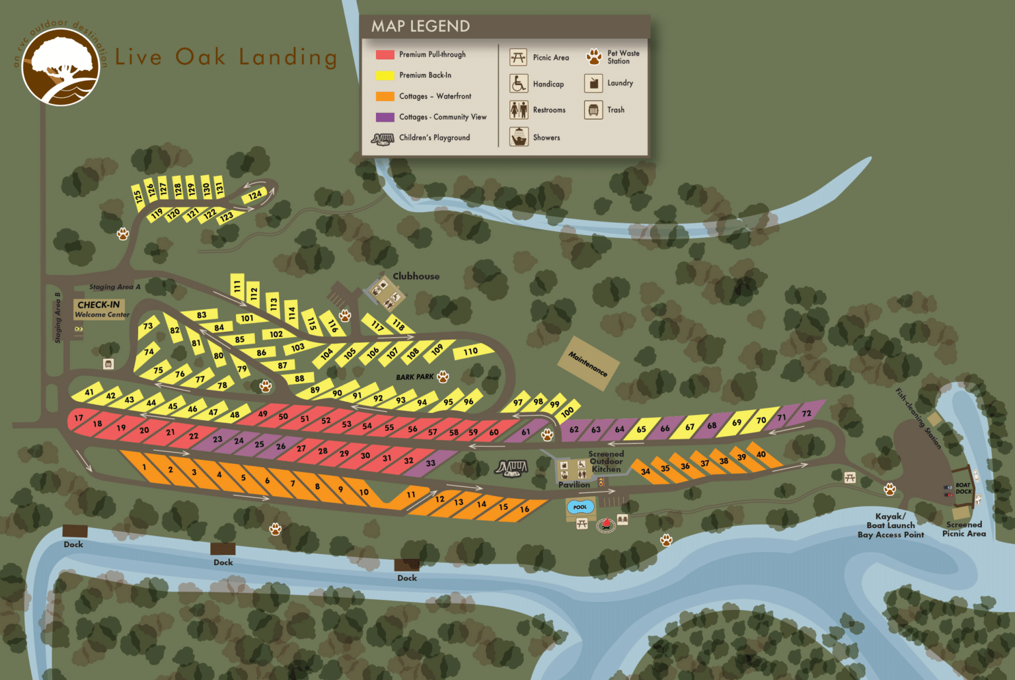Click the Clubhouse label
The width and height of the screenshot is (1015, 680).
pos(416,276)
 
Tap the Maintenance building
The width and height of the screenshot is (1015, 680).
pos(588,363)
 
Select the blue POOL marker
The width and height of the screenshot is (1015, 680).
pos(580,507)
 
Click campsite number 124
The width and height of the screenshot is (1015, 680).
pos(255,195)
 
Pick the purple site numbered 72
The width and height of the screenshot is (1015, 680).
pos(807,414)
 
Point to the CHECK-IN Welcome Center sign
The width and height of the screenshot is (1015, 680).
pos(100,309)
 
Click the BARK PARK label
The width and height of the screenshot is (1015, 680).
pos(415,377)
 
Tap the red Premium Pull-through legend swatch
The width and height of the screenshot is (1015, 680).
pos(385,55)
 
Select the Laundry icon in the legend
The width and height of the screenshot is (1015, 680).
pos(593,83)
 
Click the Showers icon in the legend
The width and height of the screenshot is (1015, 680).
pos(519,137)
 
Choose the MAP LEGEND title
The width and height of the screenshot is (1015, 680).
pos(420,26)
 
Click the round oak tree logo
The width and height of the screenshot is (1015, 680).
pos(60,67)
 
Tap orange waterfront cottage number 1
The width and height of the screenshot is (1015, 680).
pos(144,467)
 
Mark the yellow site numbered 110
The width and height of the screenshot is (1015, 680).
pos(470,351)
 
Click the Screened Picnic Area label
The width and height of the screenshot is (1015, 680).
pos(963,529)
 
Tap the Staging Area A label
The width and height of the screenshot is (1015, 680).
pos(115,287)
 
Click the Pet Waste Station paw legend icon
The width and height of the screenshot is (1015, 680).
pos(593,57)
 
